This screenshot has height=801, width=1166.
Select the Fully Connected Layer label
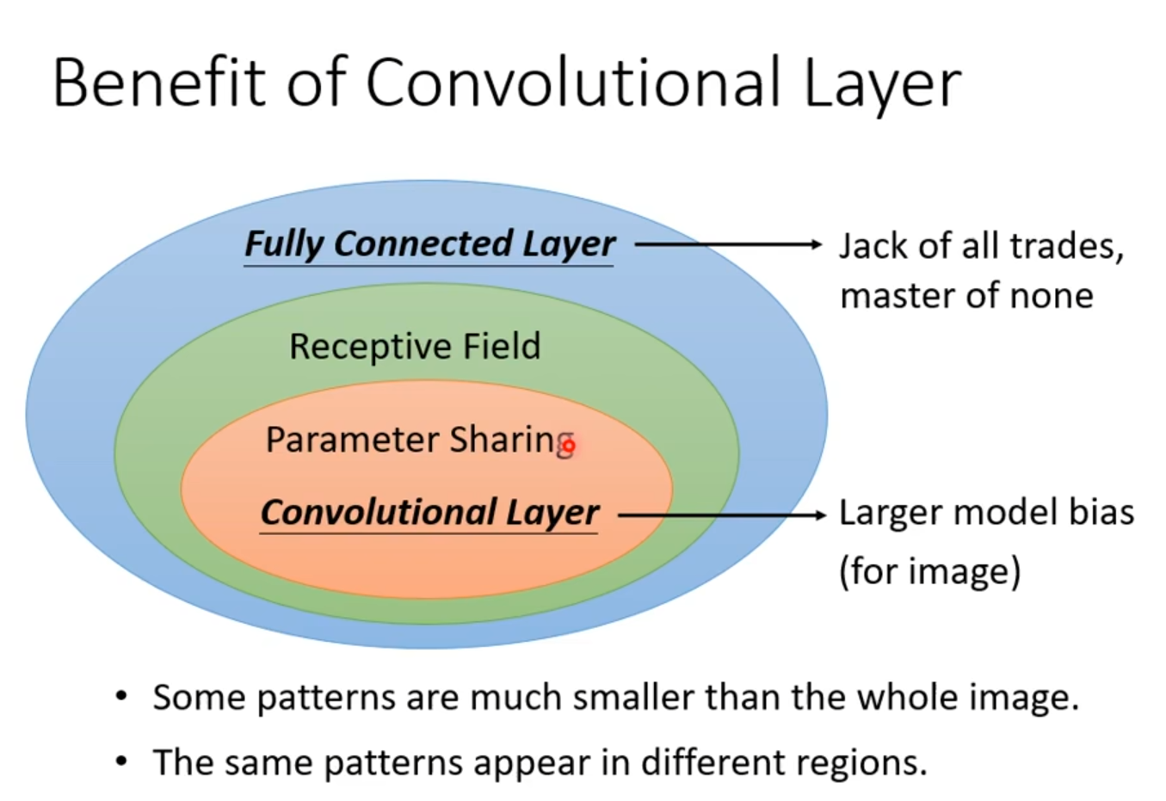[x=429, y=243]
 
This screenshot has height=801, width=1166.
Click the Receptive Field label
[x=415, y=346]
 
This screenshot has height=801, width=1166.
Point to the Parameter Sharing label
[x=418, y=440]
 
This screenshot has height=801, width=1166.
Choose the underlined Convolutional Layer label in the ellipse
[x=429, y=512]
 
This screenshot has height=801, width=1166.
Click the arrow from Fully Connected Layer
[x=727, y=244]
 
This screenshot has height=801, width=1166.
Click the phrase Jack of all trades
[x=981, y=246]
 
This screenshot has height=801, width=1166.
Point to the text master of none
[x=965, y=296]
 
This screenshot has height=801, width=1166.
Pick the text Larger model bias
[x=986, y=513]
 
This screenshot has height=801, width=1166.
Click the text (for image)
[x=929, y=570]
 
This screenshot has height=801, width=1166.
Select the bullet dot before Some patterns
[x=122, y=695]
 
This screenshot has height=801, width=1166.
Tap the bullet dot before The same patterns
[x=122, y=761]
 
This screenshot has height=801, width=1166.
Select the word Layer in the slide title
[x=882, y=83]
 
